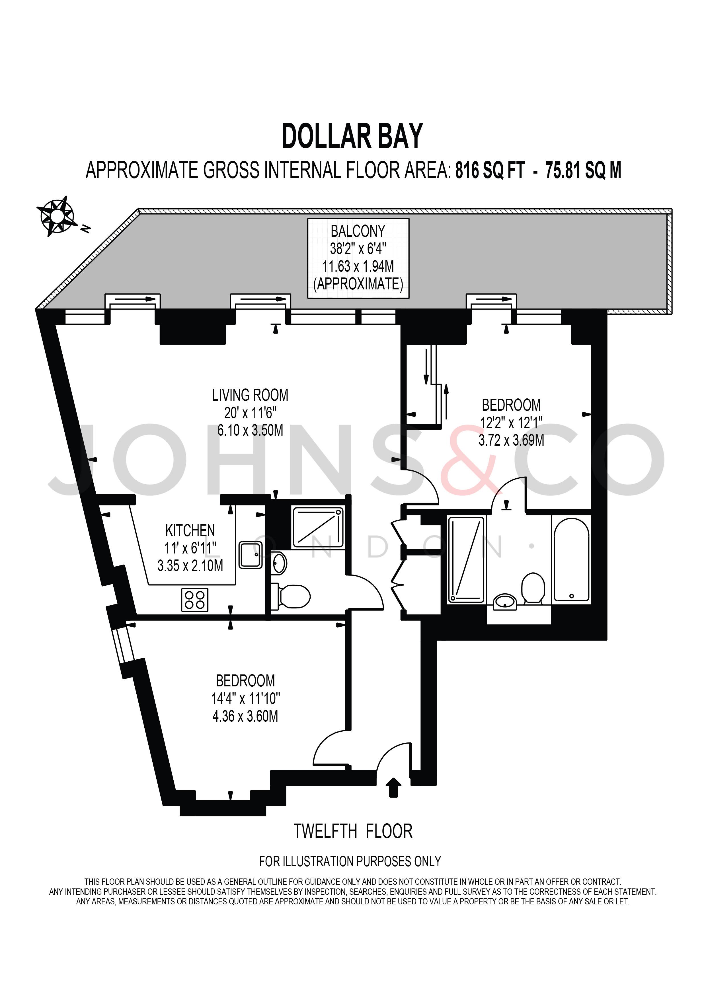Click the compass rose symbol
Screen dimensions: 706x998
(x=55, y=216)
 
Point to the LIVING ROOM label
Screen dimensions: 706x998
(x=250, y=395)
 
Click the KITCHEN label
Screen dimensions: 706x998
(x=190, y=531)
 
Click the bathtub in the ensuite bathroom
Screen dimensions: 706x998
(x=572, y=559)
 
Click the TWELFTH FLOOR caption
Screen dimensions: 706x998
(x=353, y=832)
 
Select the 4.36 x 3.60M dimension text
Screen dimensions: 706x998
(x=245, y=716)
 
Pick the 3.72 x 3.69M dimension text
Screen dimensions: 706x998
(x=511, y=440)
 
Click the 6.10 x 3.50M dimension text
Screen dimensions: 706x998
(x=250, y=430)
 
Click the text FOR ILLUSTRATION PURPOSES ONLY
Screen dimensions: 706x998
(x=350, y=861)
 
